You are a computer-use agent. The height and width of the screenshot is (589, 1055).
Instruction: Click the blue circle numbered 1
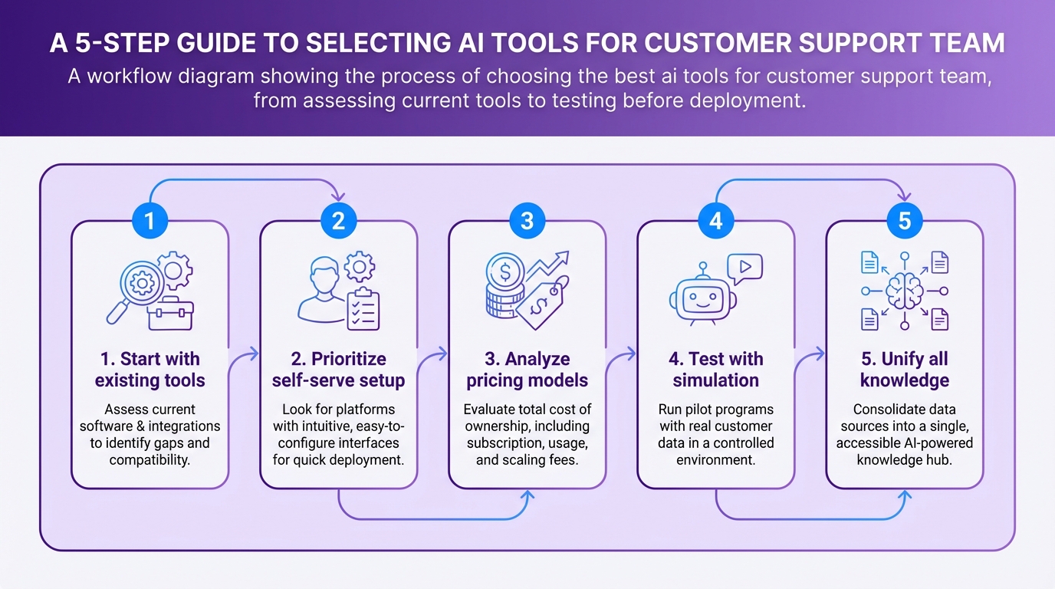point(150,221)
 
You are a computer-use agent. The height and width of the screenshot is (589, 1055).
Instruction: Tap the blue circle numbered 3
point(527,221)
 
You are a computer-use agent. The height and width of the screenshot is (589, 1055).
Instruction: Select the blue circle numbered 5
point(904,221)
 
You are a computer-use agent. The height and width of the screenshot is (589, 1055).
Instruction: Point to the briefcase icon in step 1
point(170,314)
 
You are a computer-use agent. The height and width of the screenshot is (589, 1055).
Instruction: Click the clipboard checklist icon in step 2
point(363,308)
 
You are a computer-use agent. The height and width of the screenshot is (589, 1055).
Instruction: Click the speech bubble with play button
point(744,269)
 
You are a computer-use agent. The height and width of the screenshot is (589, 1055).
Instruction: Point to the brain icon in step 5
point(904,291)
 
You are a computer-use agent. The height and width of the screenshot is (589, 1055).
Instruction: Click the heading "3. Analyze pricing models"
point(527,369)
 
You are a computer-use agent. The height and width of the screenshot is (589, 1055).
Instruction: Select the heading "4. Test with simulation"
point(715,369)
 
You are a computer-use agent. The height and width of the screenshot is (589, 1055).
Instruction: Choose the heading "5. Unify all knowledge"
point(904,369)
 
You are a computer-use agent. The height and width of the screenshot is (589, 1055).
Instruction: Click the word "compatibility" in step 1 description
point(150,459)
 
